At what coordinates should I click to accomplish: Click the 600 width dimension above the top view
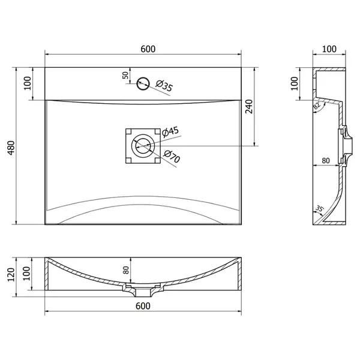[x=148, y=49]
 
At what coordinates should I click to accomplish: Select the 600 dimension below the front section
[x=143, y=306]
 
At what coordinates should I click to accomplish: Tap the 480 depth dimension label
[x=11, y=148]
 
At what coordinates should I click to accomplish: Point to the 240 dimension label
[x=249, y=107]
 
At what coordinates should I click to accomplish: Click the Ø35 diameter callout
[x=164, y=86]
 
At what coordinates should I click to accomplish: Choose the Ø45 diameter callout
[x=170, y=132]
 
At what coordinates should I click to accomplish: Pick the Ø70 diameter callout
[x=172, y=157]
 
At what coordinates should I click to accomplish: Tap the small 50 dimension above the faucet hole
[x=125, y=75]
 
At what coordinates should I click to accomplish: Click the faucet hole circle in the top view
[x=143, y=83]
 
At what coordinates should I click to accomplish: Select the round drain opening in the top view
[x=143, y=146]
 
